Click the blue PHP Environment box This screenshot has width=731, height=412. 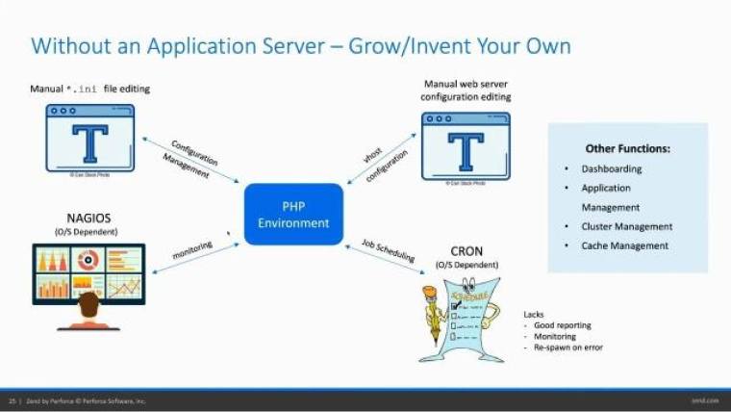coord(293,214)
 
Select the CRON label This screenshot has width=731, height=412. coord(466,251)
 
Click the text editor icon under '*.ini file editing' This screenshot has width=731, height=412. coord(90,138)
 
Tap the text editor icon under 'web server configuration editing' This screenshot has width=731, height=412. coord(466,145)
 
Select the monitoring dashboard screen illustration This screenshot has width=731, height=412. coord(88,273)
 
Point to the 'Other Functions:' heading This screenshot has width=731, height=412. coord(627,149)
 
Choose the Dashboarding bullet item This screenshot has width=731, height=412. coord(613,168)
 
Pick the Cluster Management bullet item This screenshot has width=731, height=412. coord(626,226)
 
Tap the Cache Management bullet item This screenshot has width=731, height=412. coord(624,245)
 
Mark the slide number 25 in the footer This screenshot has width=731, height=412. coord(13,399)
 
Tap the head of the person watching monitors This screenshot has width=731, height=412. coord(89,306)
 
